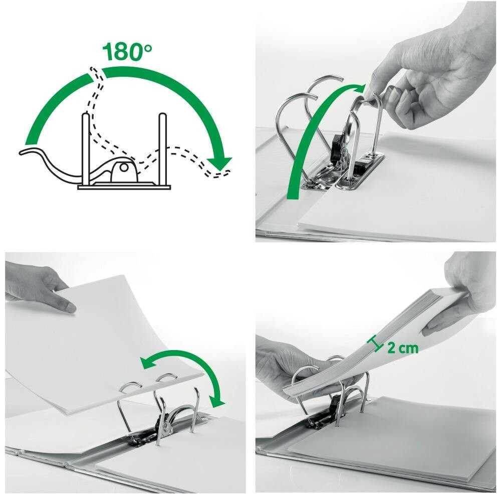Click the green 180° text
pos(127,52)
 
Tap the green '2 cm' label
pos(403,348)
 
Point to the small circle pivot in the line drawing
pos(123,168)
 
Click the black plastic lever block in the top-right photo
pos(335,148)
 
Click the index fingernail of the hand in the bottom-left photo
pos(70,307)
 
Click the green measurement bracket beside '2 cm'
pos(374,344)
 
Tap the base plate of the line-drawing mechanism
pos(125,187)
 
